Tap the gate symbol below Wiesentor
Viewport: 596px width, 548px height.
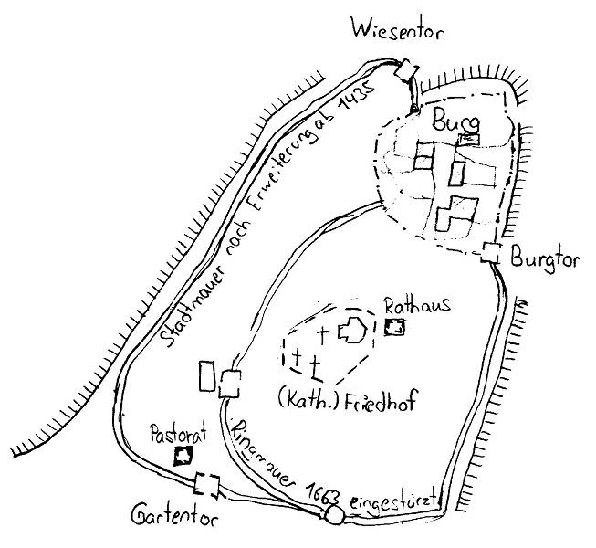(x=407, y=70)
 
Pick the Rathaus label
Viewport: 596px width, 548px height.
(x=416, y=306)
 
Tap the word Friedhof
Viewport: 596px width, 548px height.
(x=377, y=398)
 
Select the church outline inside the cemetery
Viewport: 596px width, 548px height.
(x=351, y=332)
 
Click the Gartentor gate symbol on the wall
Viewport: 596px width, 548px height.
(x=208, y=485)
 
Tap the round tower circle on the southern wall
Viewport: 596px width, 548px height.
(x=334, y=516)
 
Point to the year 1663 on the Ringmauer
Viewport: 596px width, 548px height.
(x=320, y=491)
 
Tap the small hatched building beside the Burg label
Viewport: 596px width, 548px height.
(x=470, y=138)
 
